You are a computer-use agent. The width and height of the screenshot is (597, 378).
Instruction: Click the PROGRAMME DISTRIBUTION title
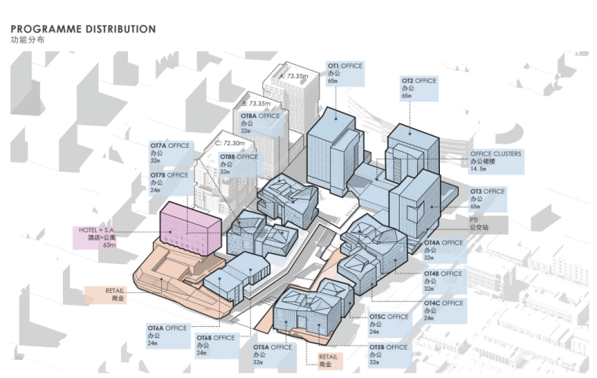[82, 29]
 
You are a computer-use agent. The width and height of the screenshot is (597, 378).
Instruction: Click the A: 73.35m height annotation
[296, 76]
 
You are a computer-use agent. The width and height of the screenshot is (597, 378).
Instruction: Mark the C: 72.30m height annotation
[229, 144]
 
